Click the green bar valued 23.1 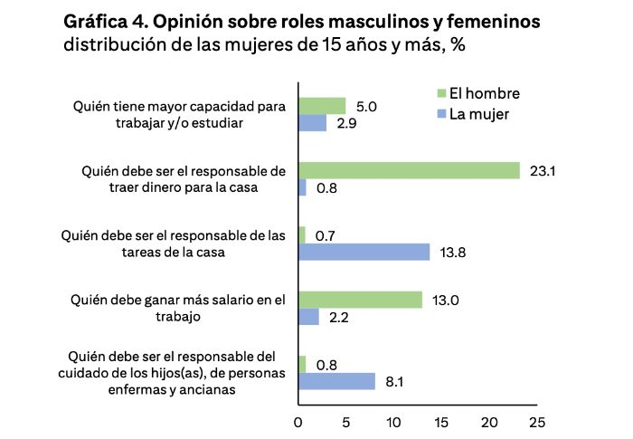pyautogui.click(x=409, y=170)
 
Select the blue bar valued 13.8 pyautogui.click(x=364, y=253)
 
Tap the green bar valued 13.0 pyautogui.click(x=360, y=300)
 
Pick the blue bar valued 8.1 pyautogui.click(x=336, y=381)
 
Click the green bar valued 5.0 pyautogui.click(x=322, y=106)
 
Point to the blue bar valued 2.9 pyautogui.click(x=312, y=123)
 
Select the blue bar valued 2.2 pyautogui.click(x=308, y=317)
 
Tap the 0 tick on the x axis pyautogui.click(x=298, y=422)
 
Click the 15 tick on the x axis pyautogui.click(x=441, y=422)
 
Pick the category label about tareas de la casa pyautogui.click(x=174, y=244)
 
